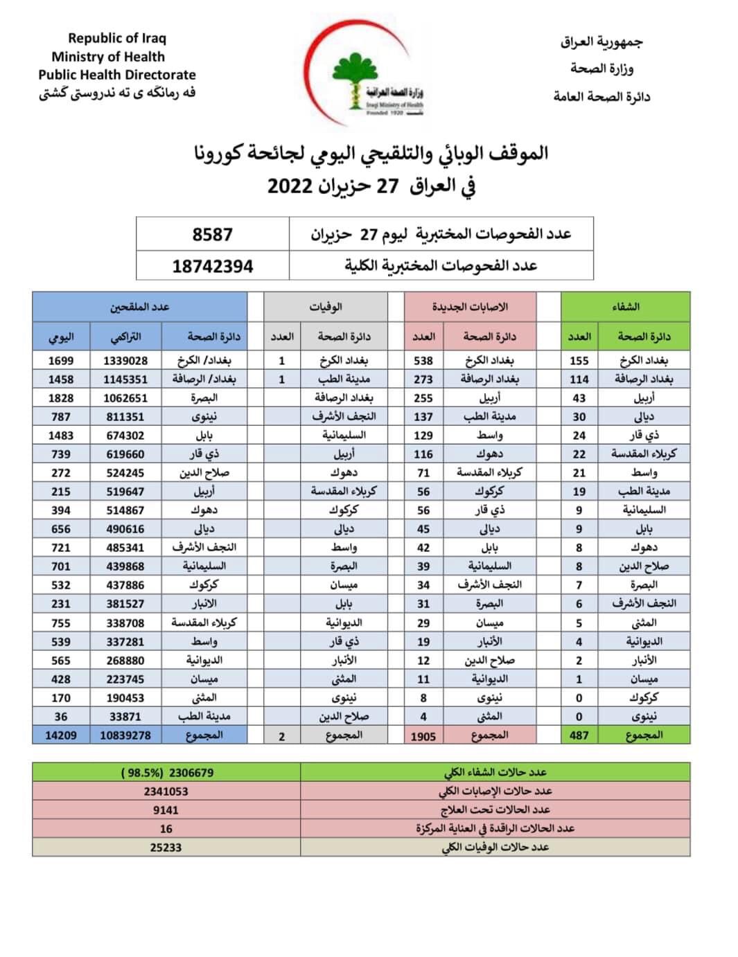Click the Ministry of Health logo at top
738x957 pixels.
click(367, 76)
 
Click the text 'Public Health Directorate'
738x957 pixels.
click(117, 75)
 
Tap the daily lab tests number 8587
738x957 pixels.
click(212, 235)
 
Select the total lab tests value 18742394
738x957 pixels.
click(212, 266)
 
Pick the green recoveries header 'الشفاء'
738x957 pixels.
click(626, 307)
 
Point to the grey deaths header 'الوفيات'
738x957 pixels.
click(326, 307)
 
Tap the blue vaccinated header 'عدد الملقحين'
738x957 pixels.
click(139, 307)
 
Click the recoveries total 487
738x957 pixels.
click(579, 735)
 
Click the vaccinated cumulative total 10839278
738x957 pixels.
click(125, 735)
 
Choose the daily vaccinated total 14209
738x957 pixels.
click(61, 735)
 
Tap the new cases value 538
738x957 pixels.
click(423, 361)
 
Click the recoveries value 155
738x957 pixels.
click(579, 361)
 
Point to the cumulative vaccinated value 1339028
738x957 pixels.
click(125, 361)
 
